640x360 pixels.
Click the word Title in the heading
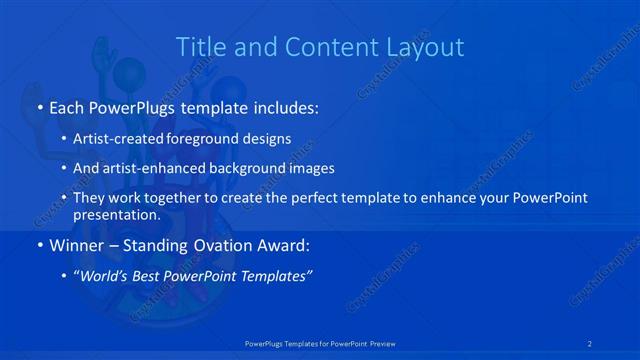pyautogui.click(x=198, y=47)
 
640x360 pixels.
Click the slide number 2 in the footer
pyautogui.click(x=592, y=343)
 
